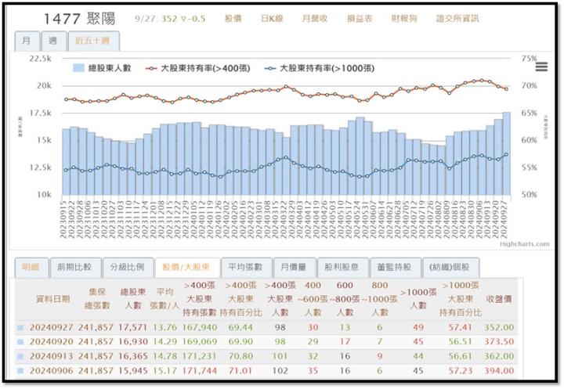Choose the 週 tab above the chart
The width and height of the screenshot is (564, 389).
(52, 40)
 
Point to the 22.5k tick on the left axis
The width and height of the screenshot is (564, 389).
(39, 59)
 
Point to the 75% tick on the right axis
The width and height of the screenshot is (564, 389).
(529, 59)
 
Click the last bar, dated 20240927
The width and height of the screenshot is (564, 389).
(507, 153)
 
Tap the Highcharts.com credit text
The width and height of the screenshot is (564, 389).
(525, 243)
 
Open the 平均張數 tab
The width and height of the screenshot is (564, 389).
(246, 267)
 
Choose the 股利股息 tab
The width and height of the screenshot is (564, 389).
(342, 267)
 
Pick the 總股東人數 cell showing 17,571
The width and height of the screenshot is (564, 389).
(134, 327)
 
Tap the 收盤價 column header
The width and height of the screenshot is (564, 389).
(499, 298)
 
